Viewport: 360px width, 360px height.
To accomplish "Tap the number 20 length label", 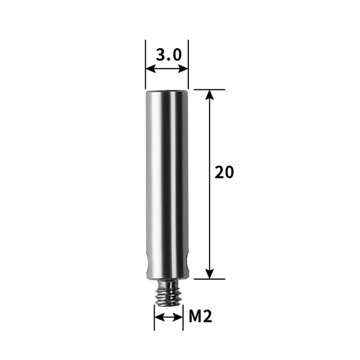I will [224, 172].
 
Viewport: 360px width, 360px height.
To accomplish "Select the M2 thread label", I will [200, 316].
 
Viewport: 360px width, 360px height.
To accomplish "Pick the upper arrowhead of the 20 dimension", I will [209, 94].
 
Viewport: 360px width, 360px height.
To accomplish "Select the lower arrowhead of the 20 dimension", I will [209, 274].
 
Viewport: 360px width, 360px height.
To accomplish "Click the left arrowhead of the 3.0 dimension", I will [149, 69].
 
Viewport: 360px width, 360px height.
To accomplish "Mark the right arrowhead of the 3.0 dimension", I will [185, 69].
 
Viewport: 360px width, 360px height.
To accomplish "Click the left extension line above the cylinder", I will [145, 54].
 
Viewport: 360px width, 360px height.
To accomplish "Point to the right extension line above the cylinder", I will [188, 54].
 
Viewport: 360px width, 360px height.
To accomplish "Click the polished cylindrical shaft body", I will [167, 180].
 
